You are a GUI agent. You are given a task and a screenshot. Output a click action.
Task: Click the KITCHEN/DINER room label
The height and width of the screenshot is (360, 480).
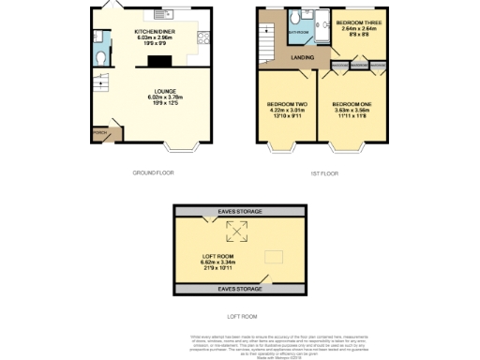tap(151, 31)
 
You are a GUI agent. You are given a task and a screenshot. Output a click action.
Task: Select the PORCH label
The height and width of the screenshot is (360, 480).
tap(98, 133)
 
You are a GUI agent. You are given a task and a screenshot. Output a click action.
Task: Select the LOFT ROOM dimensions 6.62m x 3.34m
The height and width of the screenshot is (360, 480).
tap(222, 262)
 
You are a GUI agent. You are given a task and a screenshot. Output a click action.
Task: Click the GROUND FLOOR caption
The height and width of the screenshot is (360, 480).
tap(152, 172)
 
